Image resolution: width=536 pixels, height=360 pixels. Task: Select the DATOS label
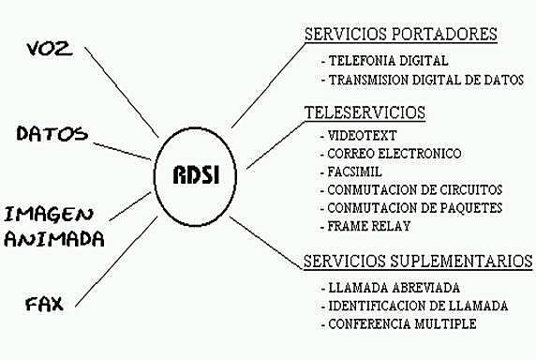[52, 133]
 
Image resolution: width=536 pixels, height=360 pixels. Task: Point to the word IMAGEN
[52, 212]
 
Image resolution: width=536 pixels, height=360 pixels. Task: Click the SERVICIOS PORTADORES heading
[400, 35]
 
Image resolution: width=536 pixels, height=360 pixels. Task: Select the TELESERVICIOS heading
[365, 112]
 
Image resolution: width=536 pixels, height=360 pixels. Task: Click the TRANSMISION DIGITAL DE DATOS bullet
[427, 80]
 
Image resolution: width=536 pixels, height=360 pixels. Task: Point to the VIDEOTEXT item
[363, 136]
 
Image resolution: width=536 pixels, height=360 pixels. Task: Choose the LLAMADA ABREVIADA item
[395, 288]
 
